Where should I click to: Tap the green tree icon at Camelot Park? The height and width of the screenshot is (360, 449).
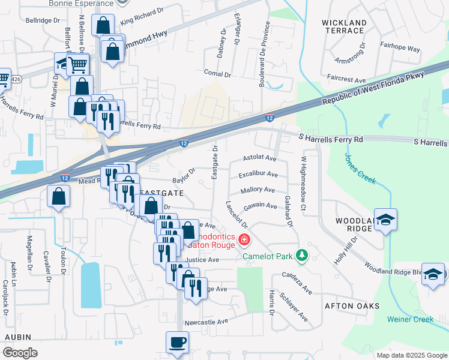coord(303,256)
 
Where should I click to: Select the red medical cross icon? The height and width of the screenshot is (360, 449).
coord(244,241)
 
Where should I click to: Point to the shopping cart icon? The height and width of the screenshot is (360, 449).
coord(77,64)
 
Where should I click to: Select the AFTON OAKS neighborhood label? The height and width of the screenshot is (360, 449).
coord(352,306)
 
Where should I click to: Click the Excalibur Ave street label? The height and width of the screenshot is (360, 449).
coord(258,175)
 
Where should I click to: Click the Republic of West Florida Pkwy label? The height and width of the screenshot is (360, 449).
coord(373,88)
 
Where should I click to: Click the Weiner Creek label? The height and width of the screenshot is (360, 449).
coord(410,319)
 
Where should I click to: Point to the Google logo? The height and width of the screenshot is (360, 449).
coord(20,352)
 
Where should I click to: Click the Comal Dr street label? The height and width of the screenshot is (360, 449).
coord(217,74)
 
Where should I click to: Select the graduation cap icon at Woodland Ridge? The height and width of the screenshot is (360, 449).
coord(385,220)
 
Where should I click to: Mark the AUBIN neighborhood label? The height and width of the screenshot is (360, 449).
coord(17,338)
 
